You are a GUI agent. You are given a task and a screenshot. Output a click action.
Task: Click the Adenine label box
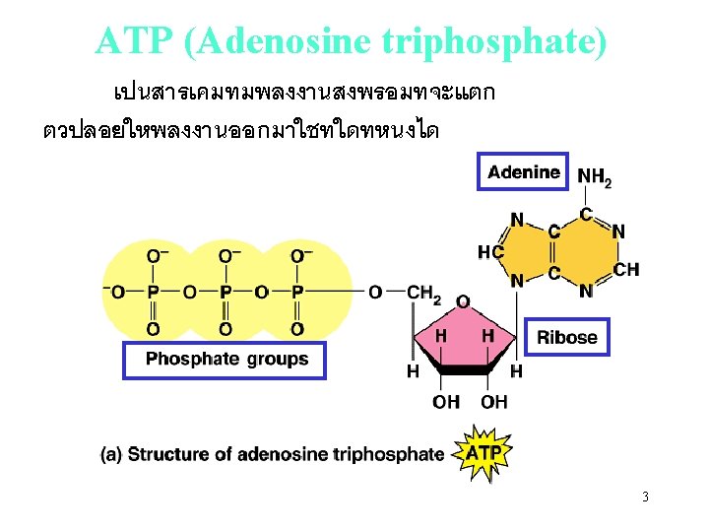[x=523, y=172]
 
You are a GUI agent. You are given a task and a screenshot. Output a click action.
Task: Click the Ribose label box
[x=566, y=337]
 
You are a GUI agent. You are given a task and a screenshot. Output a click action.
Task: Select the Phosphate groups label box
[x=223, y=360]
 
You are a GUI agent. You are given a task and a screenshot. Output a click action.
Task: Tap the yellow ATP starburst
[x=483, y=452]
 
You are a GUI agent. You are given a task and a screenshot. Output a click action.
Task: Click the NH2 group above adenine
[x=595, y=177]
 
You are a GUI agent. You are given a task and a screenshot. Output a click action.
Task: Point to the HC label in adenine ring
[x=489, y=252]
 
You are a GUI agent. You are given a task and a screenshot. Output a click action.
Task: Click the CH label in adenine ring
[x=626, y=269]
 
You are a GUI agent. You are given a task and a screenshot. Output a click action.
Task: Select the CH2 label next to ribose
[x=424, y=292]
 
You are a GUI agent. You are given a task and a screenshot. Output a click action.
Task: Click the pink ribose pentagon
[x=463, y=340]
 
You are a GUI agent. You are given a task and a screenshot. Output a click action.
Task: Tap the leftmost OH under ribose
[x=446, y=401]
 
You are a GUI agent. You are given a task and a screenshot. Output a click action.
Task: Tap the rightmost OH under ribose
[x=494, y=401]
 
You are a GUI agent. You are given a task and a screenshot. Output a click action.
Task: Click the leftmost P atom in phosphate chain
[x=153, y=292]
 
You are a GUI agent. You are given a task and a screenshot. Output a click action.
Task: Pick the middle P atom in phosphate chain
[x=226, y=292]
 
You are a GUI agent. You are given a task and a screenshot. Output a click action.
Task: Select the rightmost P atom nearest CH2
[x=297, y=292]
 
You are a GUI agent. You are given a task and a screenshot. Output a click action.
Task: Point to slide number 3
[x=645, y=497]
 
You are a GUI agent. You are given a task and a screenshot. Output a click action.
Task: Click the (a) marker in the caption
[x=111, y=454]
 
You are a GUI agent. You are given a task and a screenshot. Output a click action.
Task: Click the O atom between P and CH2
[x=375, y=292]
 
